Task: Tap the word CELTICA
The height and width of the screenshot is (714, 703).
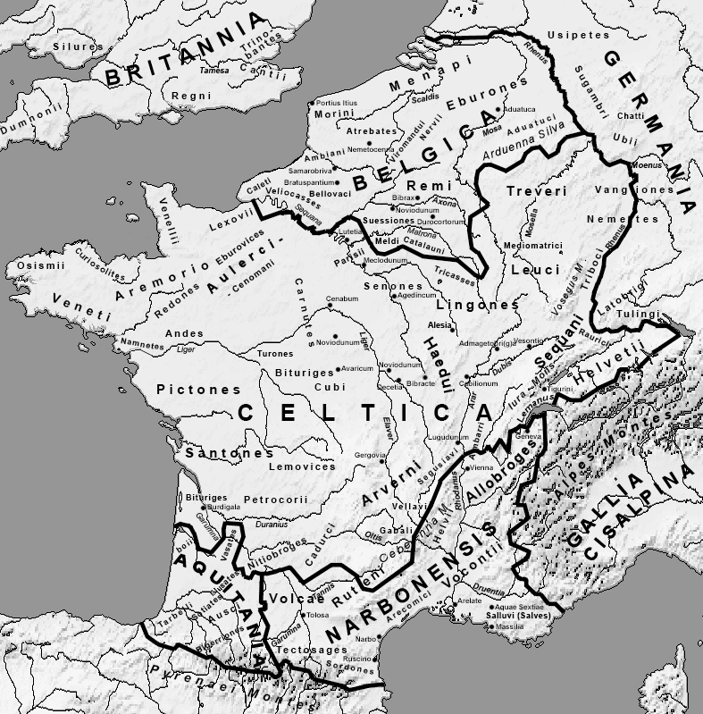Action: [365, 412]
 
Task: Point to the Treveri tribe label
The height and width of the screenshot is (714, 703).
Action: [536, 192]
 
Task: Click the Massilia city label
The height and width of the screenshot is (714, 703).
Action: [510, 627]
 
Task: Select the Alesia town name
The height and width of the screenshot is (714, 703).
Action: [440, 326]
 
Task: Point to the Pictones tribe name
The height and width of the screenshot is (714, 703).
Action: [198, 390]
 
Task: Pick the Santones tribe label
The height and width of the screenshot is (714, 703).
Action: [229, 453]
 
